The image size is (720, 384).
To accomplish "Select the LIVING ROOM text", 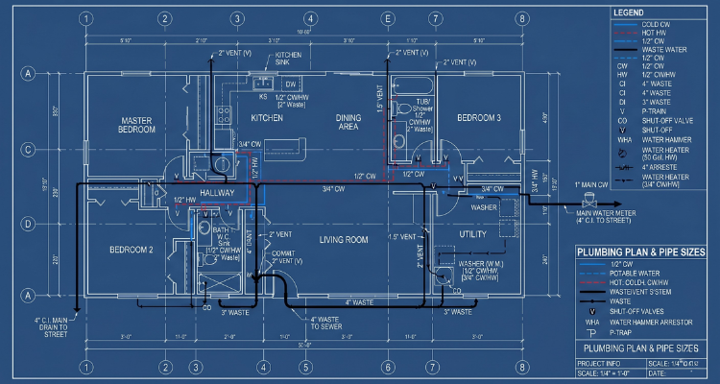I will click(344, 239).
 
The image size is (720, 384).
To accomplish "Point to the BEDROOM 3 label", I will click(478, 117).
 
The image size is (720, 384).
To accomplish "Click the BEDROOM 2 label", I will click(133, 249).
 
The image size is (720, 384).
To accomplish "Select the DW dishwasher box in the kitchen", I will click(290, 84).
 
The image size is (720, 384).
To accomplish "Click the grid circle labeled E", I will click(388, 18).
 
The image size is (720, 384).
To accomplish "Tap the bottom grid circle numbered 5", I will click(304, 367).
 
